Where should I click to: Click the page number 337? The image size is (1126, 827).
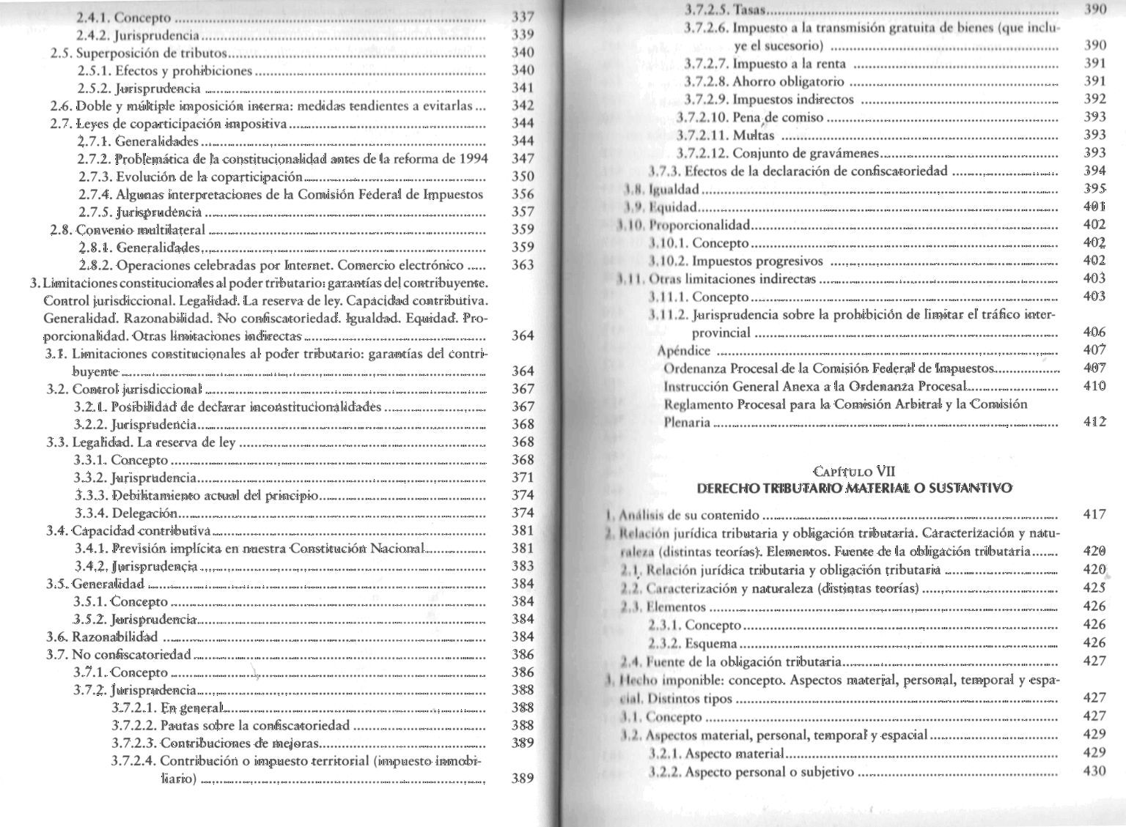523,17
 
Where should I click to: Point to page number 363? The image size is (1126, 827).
523,265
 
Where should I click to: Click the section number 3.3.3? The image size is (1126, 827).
91,496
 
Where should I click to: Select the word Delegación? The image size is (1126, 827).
144,513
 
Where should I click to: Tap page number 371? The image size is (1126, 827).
523,478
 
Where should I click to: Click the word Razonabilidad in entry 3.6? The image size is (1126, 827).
115,637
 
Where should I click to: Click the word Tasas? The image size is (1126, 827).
749,10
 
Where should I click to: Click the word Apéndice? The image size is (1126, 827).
683,351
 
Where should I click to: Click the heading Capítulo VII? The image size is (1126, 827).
854,472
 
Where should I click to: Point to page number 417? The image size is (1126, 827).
1094,515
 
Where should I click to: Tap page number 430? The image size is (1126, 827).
1094,771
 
